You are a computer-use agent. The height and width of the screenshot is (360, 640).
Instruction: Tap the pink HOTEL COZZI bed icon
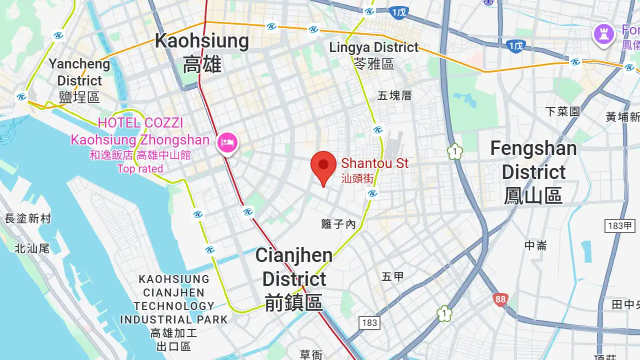[227, 142]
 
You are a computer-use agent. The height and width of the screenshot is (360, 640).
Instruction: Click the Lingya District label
[374, 55]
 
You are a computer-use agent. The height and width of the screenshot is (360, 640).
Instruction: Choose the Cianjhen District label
[293, 278]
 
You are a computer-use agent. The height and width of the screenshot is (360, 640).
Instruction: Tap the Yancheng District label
[79, 80]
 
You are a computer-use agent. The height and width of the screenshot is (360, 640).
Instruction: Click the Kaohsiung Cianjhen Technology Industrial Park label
[173, 312]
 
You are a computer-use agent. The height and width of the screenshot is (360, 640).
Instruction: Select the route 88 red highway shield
[500, 299]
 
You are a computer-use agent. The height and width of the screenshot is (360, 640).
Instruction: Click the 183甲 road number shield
[620, 225]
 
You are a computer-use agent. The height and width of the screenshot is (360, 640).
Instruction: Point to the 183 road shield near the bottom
[369, 322]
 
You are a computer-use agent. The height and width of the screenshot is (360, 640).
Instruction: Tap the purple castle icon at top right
[603, 34]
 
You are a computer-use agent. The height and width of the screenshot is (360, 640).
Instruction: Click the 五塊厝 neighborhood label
[394, 95]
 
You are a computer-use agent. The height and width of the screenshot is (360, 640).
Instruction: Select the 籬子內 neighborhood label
[338, 224]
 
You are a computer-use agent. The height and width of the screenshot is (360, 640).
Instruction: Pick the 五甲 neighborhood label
[392, 276]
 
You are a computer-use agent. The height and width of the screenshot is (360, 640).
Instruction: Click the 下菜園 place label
[562, 111]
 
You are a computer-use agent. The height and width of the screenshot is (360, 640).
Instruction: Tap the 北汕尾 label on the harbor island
[32, 248]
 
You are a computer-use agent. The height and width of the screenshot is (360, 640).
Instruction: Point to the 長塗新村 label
[28, 218]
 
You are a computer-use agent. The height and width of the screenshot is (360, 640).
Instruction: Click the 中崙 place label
[535, 245]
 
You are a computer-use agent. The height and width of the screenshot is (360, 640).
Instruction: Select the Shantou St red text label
[374, 170]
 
